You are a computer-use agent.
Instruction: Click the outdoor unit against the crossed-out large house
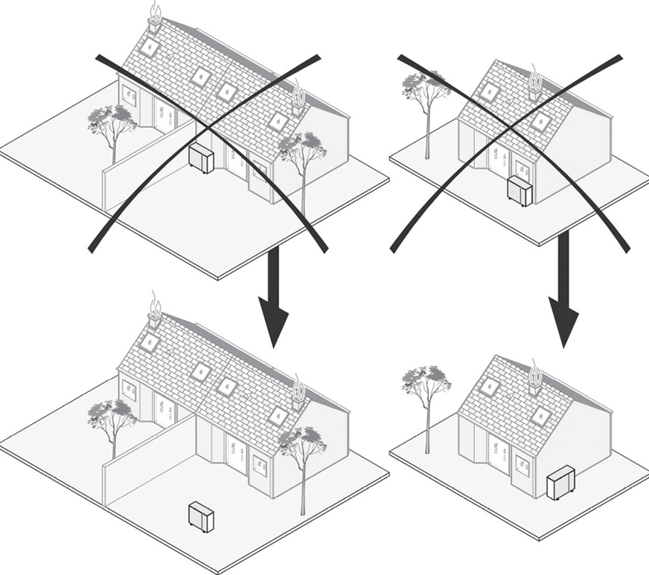point(201,158)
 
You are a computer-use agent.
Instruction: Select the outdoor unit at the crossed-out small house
point(519,190)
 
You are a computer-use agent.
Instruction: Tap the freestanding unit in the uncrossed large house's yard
point(201,516)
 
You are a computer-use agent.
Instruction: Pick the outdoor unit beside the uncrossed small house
point(560,482)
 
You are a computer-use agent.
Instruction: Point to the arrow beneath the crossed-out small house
point(563,286)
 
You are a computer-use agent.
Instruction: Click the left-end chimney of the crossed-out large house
point(155,24)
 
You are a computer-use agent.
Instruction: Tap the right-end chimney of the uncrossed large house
point(298,399)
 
